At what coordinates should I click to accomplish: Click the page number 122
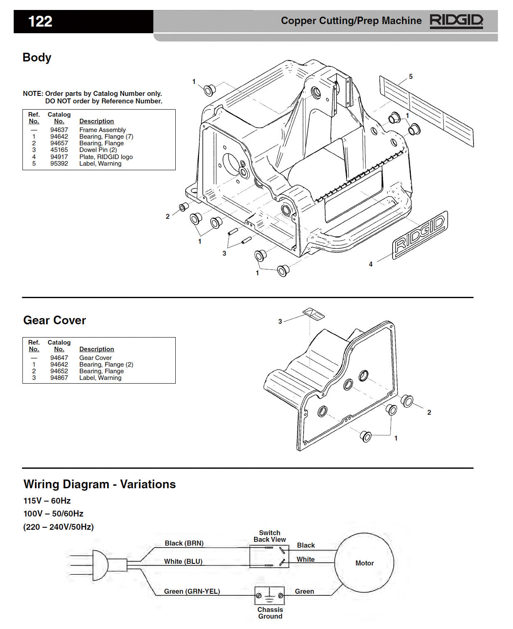tap(40, 21)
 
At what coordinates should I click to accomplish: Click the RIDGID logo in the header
tap(456, 21)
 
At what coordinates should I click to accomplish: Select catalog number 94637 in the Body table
tap(59, 130)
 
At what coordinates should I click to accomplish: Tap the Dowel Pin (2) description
tap(98, 150)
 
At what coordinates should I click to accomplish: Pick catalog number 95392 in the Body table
tap(59, 164)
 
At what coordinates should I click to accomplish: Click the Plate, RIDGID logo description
tap(106, 157)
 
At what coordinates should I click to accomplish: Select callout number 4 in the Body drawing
tap(371, 264)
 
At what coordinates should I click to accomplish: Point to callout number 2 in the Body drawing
tap(167, 216)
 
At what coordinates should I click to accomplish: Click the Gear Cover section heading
tap(54, 320)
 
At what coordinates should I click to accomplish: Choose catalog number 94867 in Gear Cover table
tap(59, 378)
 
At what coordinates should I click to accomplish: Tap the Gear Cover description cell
tap(96, 358)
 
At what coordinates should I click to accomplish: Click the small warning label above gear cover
tap(314, 314)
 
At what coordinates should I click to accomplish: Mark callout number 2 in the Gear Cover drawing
tap(429, 412)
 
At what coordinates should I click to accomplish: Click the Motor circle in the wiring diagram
tap(364, 563)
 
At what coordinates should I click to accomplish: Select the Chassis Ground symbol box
tap(270, 596)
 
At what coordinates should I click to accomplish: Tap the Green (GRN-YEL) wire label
tap(192, 591)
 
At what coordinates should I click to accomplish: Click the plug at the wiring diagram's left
tap(100, 565)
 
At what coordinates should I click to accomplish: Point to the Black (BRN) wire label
tap(184, 543)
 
